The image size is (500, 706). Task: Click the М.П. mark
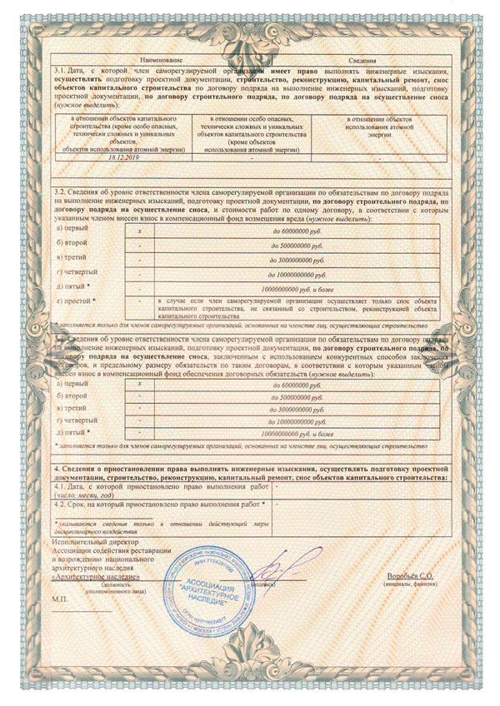61,599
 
